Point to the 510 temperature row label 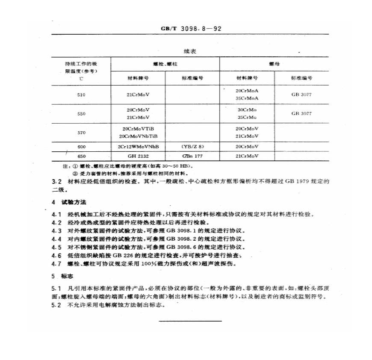tap(81, 94)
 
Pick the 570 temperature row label tap(81, 133)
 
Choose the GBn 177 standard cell tap(192, 156)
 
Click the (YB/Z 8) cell tap(192, 147)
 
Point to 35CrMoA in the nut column tap(247, 98)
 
